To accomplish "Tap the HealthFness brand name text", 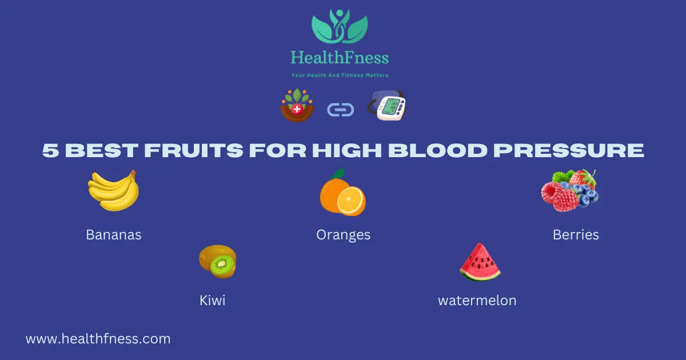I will click(x=340, y=58).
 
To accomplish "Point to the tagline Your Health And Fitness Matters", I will click(x=340, y=75).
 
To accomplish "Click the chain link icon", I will click(x=340, y=109).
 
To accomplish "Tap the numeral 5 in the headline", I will click(x=50, y=150).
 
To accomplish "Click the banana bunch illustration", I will click(x=113, y=191).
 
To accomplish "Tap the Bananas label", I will click(x=113, y=235).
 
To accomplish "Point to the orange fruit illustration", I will click(x=342, y=193).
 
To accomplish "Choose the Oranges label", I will click(x=343, y=235).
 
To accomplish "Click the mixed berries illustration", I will click(x=569, y=191).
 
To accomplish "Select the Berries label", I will click(x=576, y=235).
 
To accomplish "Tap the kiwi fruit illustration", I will click(x=218, y=262).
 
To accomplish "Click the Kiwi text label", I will click(x=212, y=301).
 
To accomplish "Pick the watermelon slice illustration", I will click(x=480, y=262).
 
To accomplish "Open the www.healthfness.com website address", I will click(x=98, y=339).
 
